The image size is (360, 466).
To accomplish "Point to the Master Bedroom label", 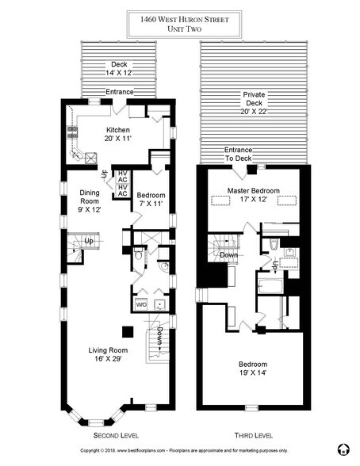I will (x=251, y=191).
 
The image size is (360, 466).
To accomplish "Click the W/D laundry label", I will (x=142, y=304).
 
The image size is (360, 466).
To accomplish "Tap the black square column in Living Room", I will (x=125, y=330).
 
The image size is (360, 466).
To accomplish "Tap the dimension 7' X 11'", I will (x=150, y=204).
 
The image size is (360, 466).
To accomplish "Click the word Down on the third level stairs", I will (x=228, y=256).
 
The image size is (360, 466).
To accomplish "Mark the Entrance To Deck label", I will (x=238, y=154).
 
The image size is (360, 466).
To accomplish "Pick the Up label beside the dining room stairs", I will (x=90, y=241).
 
